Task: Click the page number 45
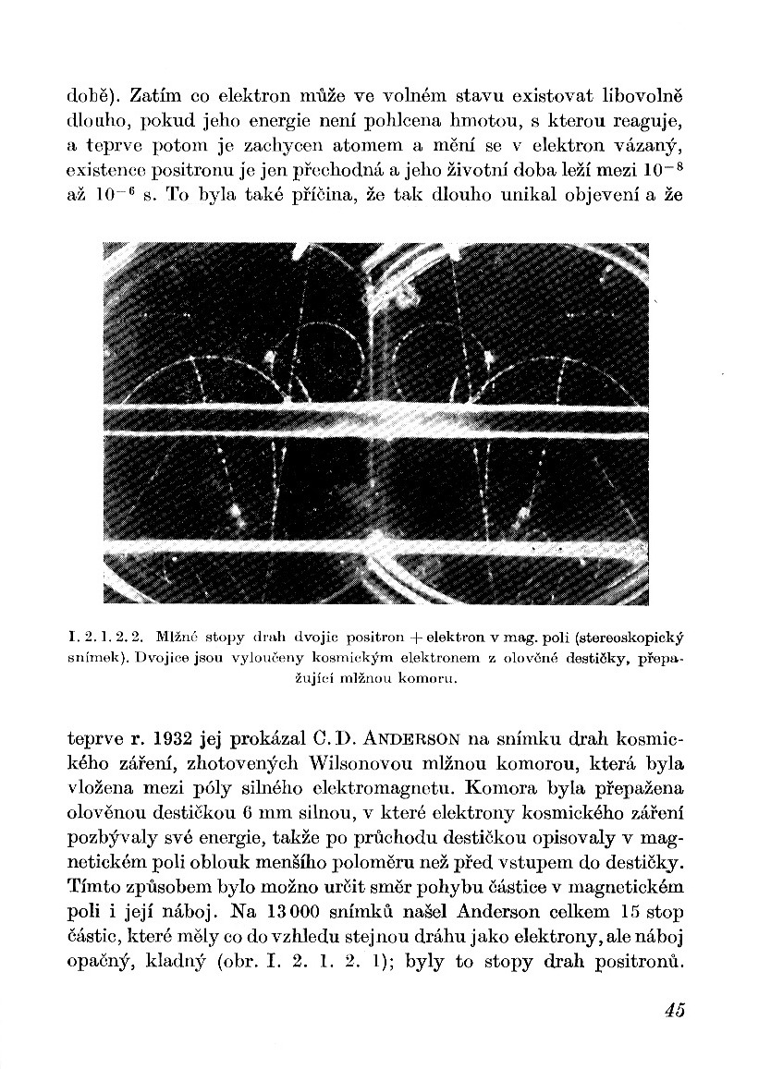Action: (x=673, y=1010)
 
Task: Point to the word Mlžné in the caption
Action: (x=176, y=638)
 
